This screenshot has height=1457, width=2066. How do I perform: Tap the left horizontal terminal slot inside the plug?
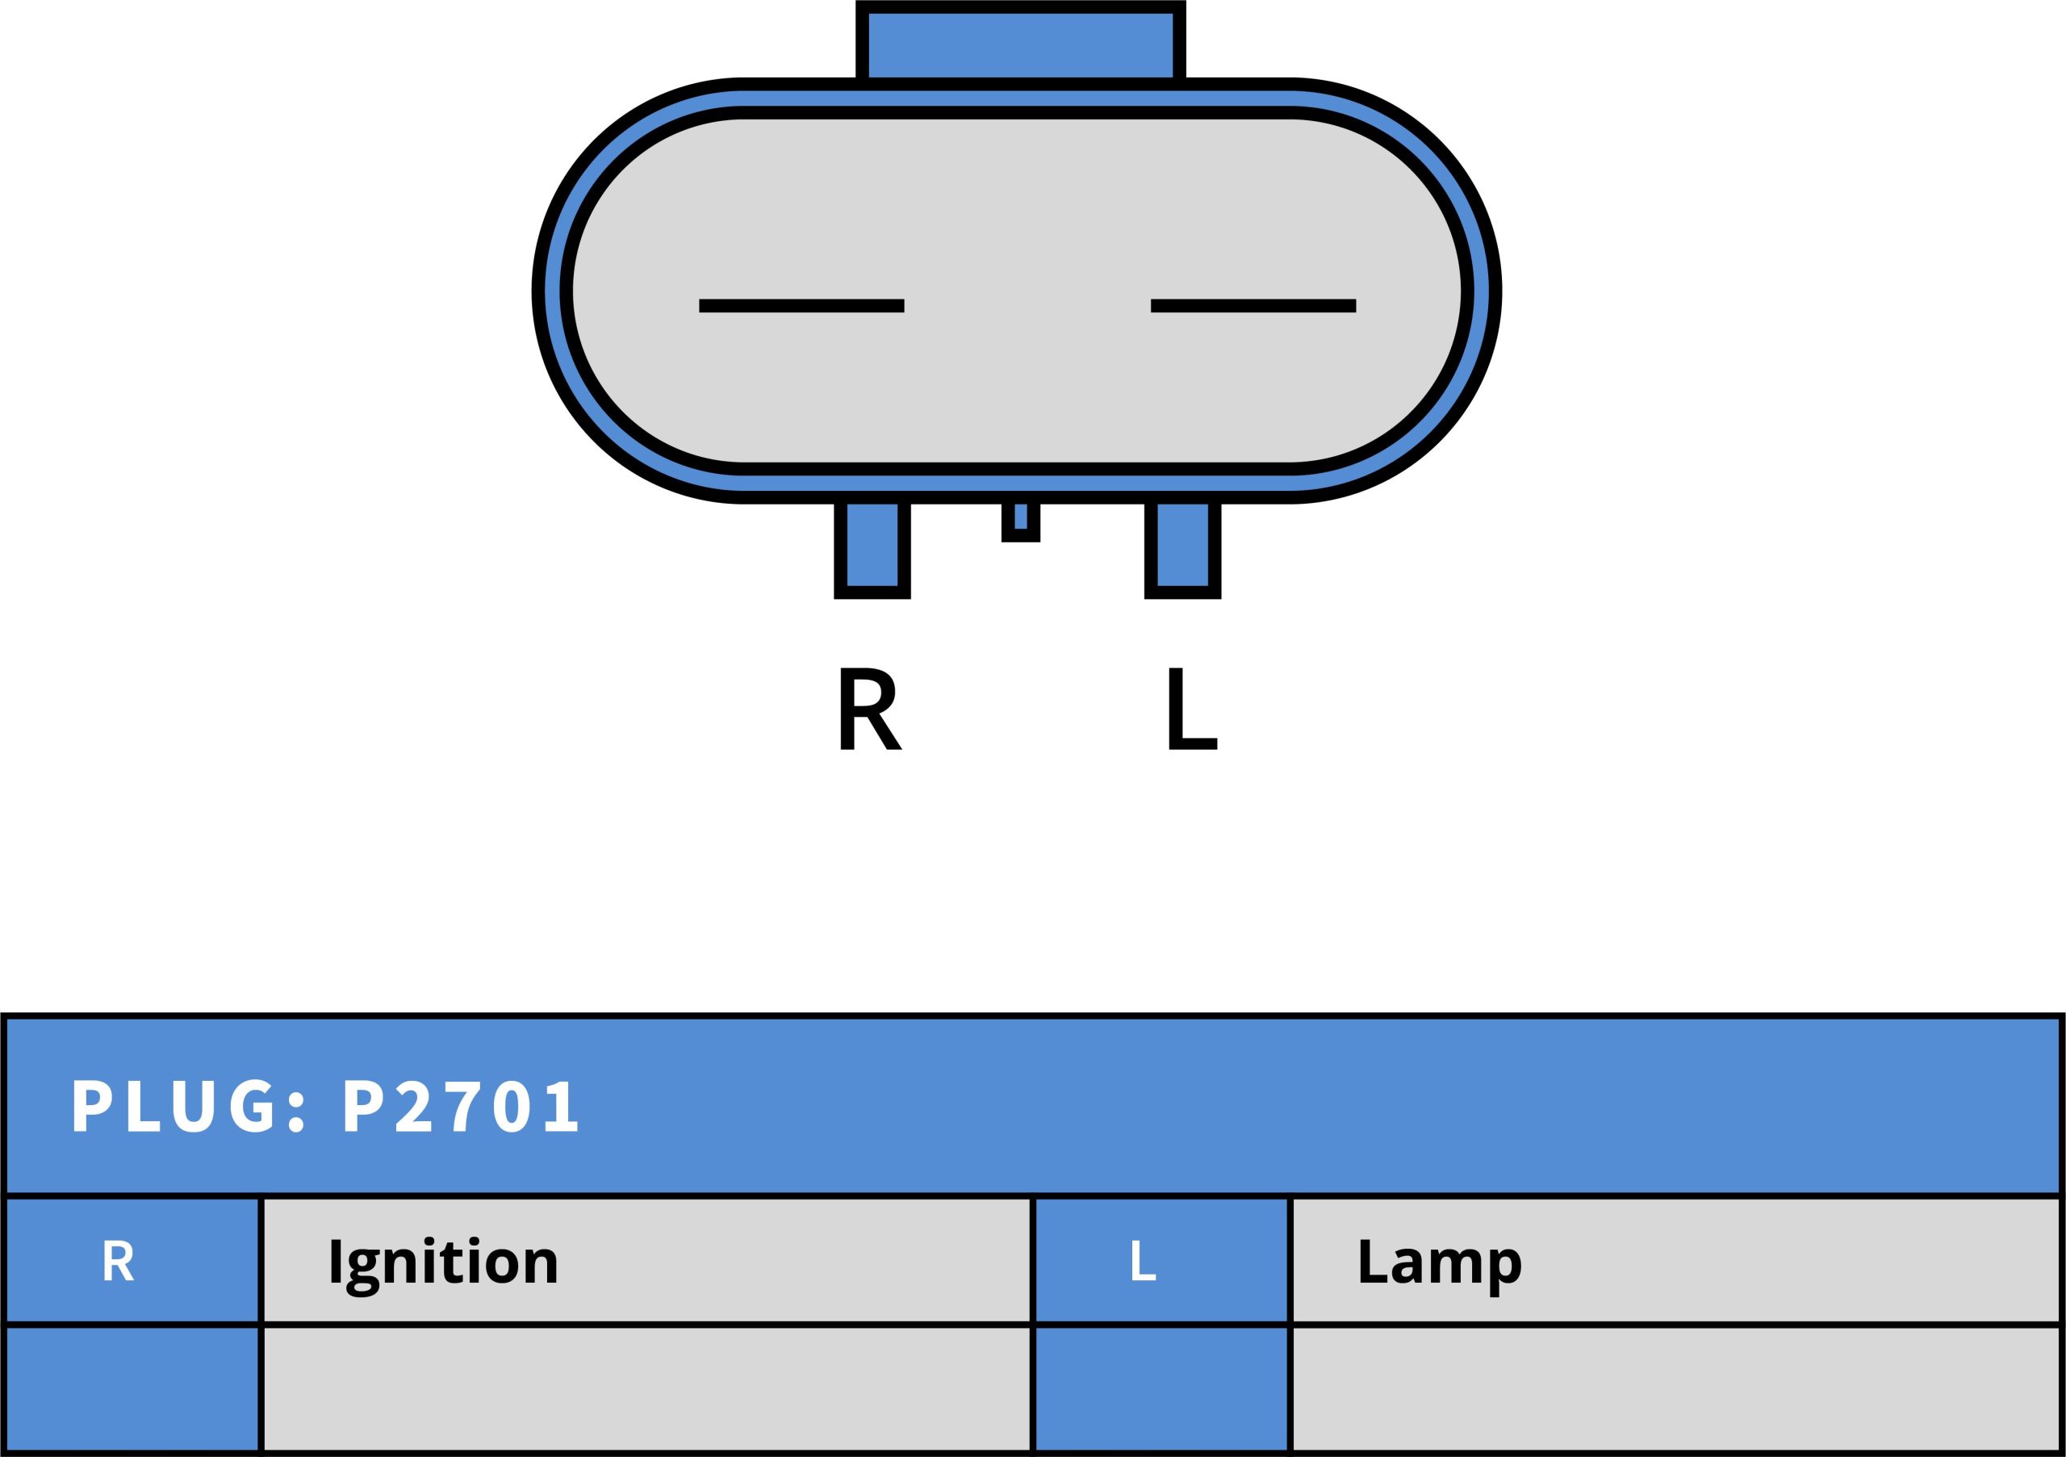pos(801,306)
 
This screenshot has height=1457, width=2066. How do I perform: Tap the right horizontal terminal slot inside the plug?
pos(1253,306)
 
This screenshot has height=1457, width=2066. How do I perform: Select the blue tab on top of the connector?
pos(1020,45)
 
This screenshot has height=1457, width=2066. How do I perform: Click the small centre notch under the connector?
pos(1020,519)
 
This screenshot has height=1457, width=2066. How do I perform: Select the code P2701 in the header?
pos(461,1105)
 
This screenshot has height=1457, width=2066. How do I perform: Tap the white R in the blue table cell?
pos(118,1261)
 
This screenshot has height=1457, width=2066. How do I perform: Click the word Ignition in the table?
pos(444,1262)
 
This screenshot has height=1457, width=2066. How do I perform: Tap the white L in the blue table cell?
pos(1142,1261)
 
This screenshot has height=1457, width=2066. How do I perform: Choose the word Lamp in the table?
pos(1439,1262)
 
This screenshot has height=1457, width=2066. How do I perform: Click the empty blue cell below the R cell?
pos(132,1388)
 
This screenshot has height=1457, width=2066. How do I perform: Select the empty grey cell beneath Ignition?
pos(646,1388)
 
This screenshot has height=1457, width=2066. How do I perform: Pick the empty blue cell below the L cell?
pos(1161,1388)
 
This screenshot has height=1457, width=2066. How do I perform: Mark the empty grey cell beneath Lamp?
pos(1675,1388)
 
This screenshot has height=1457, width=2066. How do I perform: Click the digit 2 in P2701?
pos(415,1105)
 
